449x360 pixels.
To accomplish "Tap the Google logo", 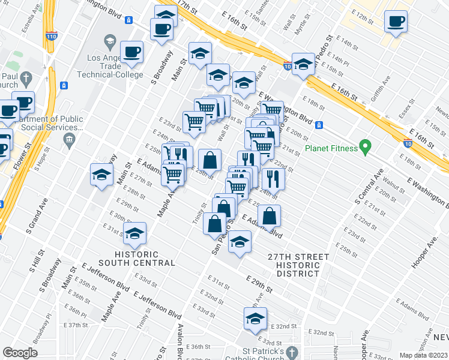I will [x=20, y=353].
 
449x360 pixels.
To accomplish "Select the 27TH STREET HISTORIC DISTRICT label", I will [x=298, y=265].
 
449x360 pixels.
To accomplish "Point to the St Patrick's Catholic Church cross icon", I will [x=292, y=352].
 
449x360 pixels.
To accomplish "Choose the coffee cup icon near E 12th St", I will [x=396, y=22].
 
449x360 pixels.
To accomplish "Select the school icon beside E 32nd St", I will [x=255, y=319].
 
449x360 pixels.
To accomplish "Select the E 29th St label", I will [x=259, y=284].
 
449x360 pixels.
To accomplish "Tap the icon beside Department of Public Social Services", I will [x=68, y=140].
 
